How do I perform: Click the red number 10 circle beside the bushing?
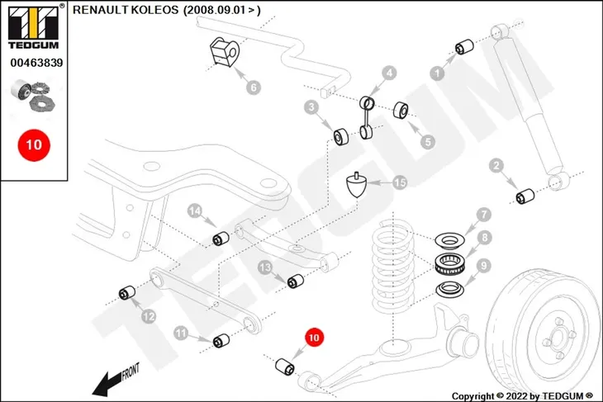tap(314, 338)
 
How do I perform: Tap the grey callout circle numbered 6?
tap(254, 87)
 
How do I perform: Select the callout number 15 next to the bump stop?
tap(400, 182)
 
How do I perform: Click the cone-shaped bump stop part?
tap(357, 185)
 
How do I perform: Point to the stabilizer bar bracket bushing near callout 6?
tap(225, 52)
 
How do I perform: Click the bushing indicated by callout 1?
tap(464, 47)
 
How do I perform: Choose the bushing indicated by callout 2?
tap(525, 196)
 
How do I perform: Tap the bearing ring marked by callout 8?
tap(449, 264)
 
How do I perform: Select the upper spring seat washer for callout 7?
tap(449, 240)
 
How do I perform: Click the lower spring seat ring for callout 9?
tap(449, 290)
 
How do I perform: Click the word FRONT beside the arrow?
tap(131, 372)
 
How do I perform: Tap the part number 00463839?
tap(36, 63)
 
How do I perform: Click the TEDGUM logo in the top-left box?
tap(34, 27)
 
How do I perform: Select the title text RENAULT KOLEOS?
tap(126, 10)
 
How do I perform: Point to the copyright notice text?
tap(522, 396)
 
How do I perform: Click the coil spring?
tap(392, 265)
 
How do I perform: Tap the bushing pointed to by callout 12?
tap(127, 293)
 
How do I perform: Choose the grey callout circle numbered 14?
tap(195, 211)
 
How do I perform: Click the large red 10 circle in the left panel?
tap(34, 145)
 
